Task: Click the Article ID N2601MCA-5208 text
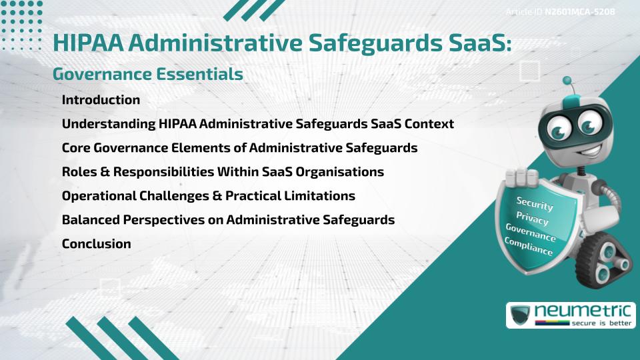point(559,11)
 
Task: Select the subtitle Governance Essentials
point(147,74)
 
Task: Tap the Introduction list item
point(101,100)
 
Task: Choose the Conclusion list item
point(96,244)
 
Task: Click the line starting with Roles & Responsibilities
point(223,172)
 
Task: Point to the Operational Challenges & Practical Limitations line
point(208,196)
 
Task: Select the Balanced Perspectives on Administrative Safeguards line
point(228,220)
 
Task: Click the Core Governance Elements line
point(239,148)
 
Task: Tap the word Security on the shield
point(534,203)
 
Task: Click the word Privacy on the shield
point(532,219)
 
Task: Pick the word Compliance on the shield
point(529,246)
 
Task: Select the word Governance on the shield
point(530,233)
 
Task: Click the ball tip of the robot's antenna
point(568,81)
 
